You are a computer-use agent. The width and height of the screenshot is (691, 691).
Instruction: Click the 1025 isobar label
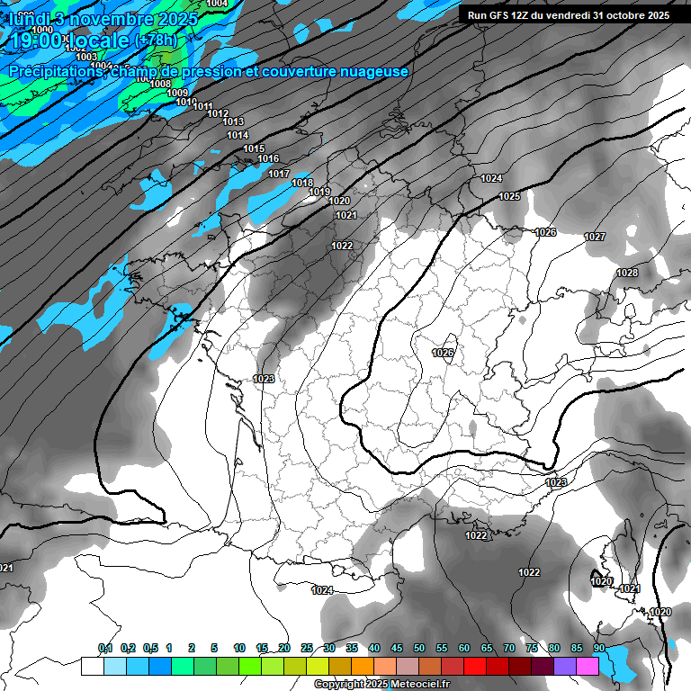pos(509,196)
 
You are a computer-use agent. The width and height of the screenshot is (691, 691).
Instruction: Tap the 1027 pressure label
pos(595,237)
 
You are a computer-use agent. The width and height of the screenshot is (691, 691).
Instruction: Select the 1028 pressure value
pos(627,273)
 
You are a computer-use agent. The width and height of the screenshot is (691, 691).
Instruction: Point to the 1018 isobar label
pos(302,183)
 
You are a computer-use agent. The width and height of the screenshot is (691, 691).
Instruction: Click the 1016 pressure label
pos(268,159)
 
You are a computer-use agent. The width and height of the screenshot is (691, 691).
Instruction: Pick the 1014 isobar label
pos(238,136)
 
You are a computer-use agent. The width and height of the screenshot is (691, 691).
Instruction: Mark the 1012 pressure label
pos(217,113)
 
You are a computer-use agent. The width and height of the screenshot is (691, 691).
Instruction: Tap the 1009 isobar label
pos(177,94)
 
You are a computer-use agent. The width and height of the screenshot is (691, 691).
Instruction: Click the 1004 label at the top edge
pos(217,4)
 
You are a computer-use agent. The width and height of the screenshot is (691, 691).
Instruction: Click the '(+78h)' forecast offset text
pos(157,40)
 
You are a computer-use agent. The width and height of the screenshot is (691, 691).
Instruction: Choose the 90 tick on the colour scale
pos(598,648)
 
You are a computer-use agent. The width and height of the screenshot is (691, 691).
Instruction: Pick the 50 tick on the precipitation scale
pos(419,648)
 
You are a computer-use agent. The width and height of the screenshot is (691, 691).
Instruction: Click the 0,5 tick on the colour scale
pos(149,648)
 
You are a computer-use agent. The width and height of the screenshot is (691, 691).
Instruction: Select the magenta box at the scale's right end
pos(587,666)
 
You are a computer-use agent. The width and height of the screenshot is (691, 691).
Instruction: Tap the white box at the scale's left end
pos(92,666)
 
